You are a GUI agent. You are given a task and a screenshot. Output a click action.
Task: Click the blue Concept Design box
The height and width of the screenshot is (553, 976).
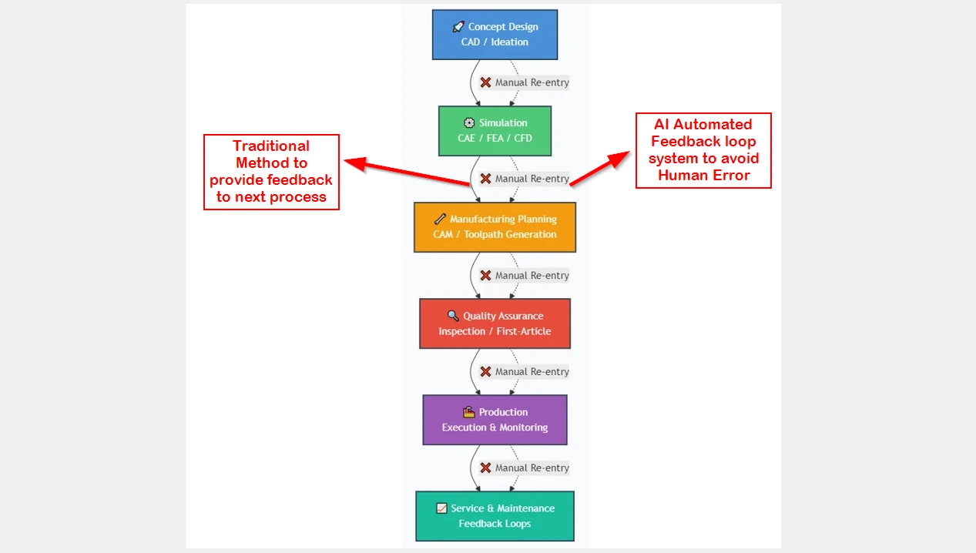pos(495,35)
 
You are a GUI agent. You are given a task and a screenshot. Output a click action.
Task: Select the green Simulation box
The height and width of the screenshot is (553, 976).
pos(495,131)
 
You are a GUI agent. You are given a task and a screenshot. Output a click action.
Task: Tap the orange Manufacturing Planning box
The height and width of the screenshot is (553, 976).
pos(495,227)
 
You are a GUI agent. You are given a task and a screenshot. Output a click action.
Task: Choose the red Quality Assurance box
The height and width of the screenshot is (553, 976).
pos(495,323)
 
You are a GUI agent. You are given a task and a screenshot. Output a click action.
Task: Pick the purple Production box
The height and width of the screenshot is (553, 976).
pos(495,420)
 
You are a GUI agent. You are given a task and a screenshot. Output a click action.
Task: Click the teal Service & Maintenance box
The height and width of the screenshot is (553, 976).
pos(495,516)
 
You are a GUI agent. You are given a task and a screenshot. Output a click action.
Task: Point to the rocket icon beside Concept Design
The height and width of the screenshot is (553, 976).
pos(458,27)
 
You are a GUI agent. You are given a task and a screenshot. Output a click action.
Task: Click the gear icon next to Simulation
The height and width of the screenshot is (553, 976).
pos(469,123)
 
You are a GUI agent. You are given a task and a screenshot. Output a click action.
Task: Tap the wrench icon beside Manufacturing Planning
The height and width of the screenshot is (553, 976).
pos(440,219)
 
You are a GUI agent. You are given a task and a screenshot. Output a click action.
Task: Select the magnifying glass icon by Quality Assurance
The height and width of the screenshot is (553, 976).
pos(453,316)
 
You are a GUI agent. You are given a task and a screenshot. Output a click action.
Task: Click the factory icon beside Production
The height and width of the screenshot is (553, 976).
pos(469,412)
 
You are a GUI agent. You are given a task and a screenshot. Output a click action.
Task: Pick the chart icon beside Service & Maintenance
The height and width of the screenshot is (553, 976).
pos(441,508)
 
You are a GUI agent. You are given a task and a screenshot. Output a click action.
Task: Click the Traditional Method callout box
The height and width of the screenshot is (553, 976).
pos(271,172)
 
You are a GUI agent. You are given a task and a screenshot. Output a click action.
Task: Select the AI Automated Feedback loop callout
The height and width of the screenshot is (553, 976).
pos(703,150)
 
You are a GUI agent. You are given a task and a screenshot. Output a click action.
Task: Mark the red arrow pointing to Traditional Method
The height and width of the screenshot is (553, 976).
pos(407,172)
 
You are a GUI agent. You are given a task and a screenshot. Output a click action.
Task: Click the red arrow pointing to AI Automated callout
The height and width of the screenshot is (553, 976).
pos(599,169)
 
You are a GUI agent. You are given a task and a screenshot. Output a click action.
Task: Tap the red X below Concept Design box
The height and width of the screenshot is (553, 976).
pos(485,82)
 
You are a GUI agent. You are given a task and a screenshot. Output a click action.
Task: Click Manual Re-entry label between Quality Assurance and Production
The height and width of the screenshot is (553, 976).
pos(532,371)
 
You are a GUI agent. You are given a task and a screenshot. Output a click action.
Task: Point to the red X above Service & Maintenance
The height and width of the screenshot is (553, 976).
pos(485,468)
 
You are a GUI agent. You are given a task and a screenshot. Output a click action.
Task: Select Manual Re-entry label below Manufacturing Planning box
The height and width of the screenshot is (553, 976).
pos(532,275)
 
